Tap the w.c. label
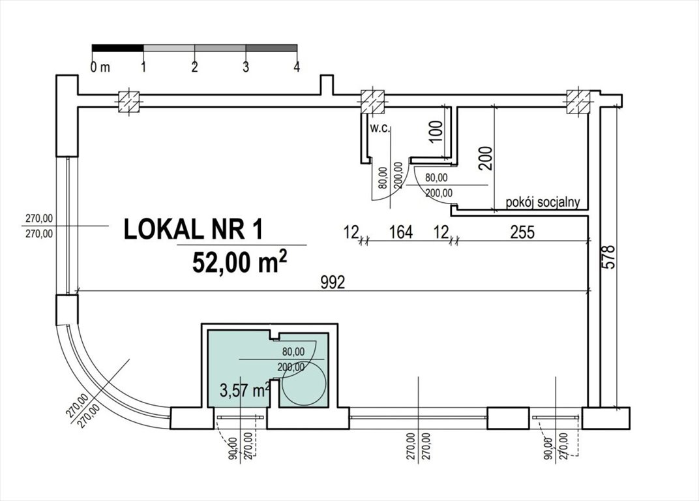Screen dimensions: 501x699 (379, 129)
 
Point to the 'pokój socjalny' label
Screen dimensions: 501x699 (543, 202)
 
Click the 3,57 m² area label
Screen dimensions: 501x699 (244, 391)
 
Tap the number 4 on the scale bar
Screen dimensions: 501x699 (297, 67)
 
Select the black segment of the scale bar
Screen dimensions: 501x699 (117, 48)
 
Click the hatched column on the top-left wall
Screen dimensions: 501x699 (128, 102)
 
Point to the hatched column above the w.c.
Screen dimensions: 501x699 (373, 101)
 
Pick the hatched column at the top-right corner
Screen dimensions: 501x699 (578, 101)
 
